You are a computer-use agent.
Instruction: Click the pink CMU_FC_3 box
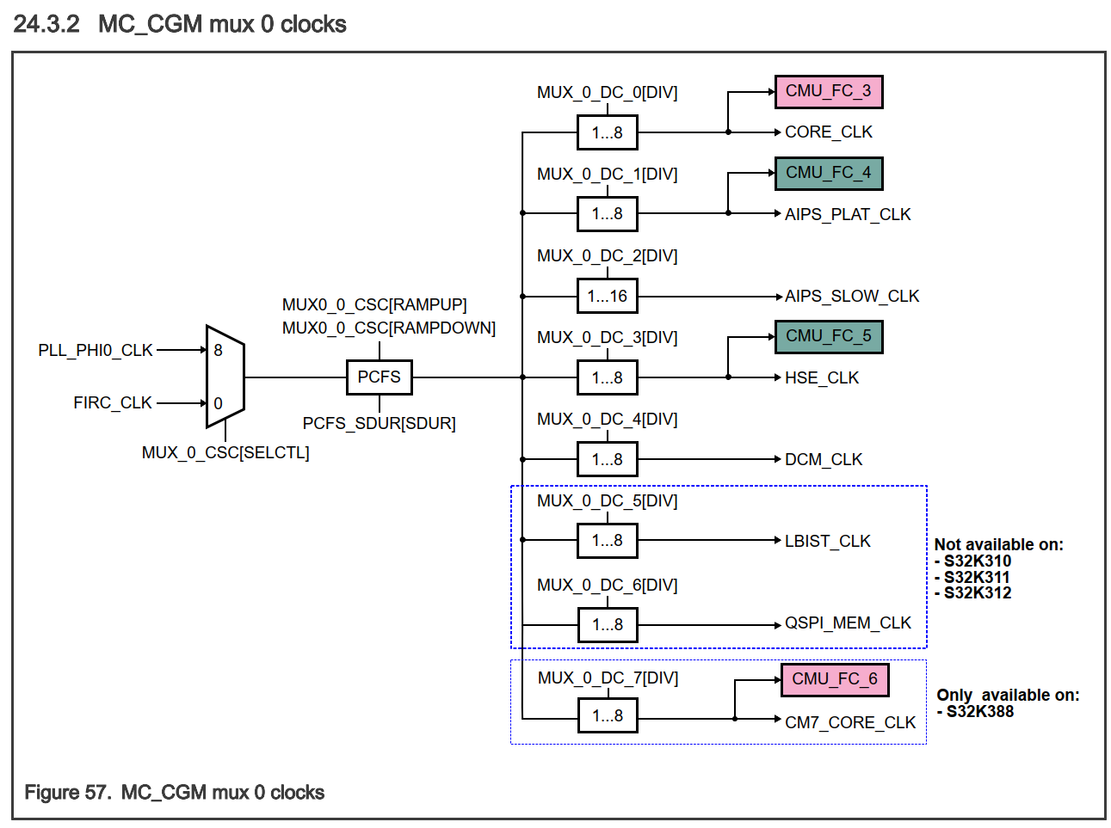(828, 91)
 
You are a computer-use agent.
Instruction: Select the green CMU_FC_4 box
(828, 173)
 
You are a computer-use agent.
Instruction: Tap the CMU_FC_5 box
(828, 336)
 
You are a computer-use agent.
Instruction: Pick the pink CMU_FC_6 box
(834, 679)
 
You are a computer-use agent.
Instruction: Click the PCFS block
(379, 377)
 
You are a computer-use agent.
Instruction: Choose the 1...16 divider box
(607, 297)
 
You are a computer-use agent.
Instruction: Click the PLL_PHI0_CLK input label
(96, 350)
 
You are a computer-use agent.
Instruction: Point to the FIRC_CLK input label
(113, 402)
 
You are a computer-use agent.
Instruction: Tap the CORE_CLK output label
(828, 132)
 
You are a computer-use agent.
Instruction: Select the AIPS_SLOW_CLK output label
(851, 297)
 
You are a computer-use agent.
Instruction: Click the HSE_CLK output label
(821, 378)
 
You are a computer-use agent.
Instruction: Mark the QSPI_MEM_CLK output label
(847, 623)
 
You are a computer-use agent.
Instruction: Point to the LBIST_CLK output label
(827, 542)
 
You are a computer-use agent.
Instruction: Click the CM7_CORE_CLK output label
(849, 723)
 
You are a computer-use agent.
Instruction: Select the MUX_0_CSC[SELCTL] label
(225, 452)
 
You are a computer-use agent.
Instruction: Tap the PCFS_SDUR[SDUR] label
(379, 423)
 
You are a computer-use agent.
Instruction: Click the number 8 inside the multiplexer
(218, 351)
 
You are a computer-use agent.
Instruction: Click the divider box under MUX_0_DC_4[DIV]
(607, 460)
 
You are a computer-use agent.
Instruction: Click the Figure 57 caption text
(174, 792)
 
